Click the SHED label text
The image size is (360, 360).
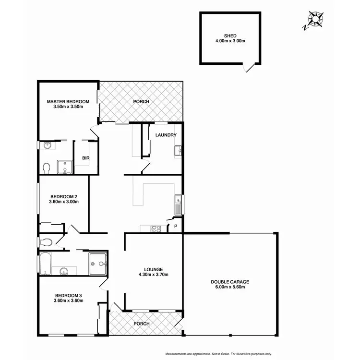point(230,36)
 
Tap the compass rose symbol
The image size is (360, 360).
point(314,20)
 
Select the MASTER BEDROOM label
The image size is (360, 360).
point(68,101)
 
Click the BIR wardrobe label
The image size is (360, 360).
point(86,157)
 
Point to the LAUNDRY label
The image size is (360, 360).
point(166,135)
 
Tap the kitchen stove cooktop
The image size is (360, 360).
point(156,228)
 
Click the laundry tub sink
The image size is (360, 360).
point(178,151)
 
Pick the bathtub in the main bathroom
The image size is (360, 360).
point(46,264)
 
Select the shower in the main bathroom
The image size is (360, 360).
point(98,264)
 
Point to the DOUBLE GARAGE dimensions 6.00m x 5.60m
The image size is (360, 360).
point(230,288)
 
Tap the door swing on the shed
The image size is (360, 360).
point(249,68)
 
